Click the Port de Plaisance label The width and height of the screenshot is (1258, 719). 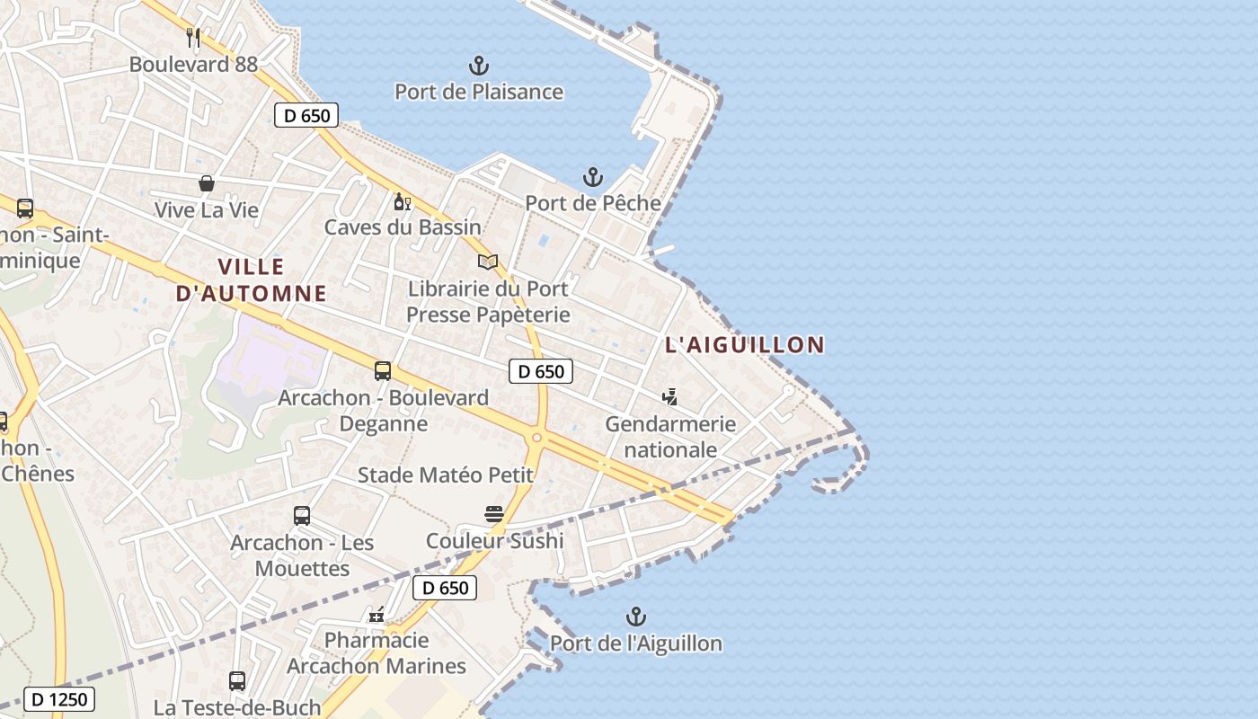pos(479,92)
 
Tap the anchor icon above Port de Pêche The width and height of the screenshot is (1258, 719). pos(592,176)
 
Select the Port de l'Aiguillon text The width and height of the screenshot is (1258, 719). pos(635,644)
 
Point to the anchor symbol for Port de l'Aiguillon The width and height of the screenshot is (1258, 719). pos(635,617)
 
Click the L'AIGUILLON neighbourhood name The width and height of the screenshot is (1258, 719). pos(745,344)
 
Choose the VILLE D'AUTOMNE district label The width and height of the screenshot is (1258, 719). pos(251,280)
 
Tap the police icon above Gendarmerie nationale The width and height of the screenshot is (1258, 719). pos(669,396)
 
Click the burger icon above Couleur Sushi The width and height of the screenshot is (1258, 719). pos(493,514)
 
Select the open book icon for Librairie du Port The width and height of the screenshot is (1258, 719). pos(488,262)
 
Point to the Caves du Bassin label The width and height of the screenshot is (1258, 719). pos(403,227)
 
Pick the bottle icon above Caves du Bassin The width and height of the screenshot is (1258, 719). pos(402,201)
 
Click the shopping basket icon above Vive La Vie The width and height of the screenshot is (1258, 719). pos(207,183)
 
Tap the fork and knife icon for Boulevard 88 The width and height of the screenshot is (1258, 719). pos(193,38)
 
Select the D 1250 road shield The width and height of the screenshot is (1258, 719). pos(59,698)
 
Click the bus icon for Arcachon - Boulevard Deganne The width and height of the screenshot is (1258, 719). pos(383,370)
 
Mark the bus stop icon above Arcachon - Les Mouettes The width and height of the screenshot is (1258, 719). pos(302,516)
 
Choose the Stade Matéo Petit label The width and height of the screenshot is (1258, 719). pos(446,475)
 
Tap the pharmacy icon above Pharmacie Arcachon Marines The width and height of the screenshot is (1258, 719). pos(377,615)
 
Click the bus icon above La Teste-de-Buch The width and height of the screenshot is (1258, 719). pos(237,680)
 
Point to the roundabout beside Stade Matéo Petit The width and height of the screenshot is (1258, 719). pos(536,438)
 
